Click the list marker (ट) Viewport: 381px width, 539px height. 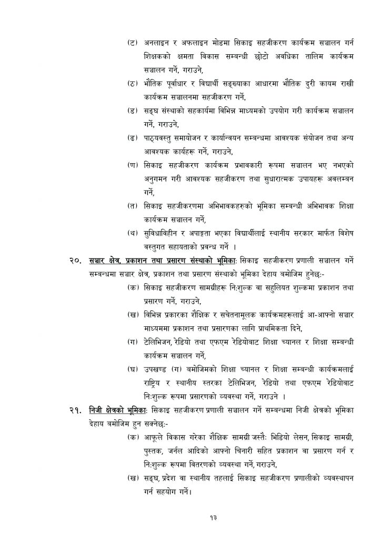[133, 40]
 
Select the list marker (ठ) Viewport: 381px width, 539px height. [133, 83]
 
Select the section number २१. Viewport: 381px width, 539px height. [75, 409]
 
